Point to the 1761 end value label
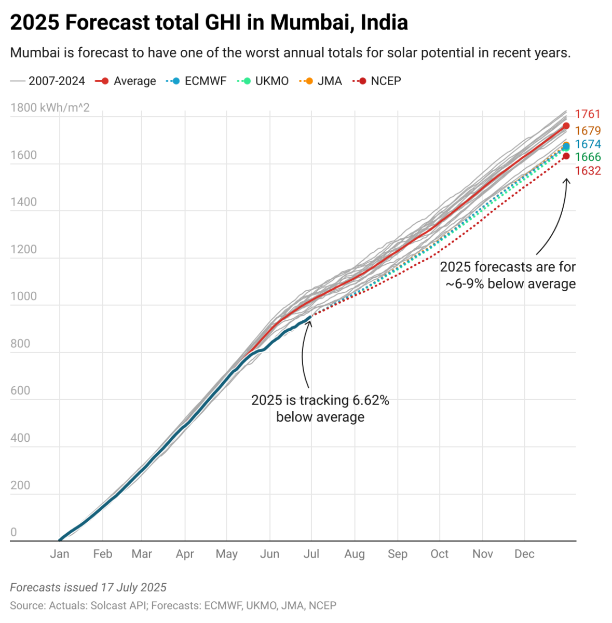pyautogui.click(x=588, y=114)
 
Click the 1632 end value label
pyautogui.click(x=588, y=171)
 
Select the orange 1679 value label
pyautogui.click(x=588, y=131)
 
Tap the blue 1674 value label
pyautogui.click(x=588, y=144)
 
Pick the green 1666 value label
pyautogui.click(x=588, y=157)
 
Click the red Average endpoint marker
pyautogui.click(x=566, y=126)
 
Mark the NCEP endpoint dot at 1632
pyautogui.click(x=566, y=156)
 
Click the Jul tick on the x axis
pyautogui.click(x=311, y=554)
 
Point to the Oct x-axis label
pyautogui.click(x=439, y=554)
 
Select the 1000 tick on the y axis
pyautogui.click(x=23, y=296)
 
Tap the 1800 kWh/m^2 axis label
pyautogui.click(x=50, y=108)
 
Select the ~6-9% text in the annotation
pyautogui.click(x=464, y=284)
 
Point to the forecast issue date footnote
pyautogui.click(x=88, y=588)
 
